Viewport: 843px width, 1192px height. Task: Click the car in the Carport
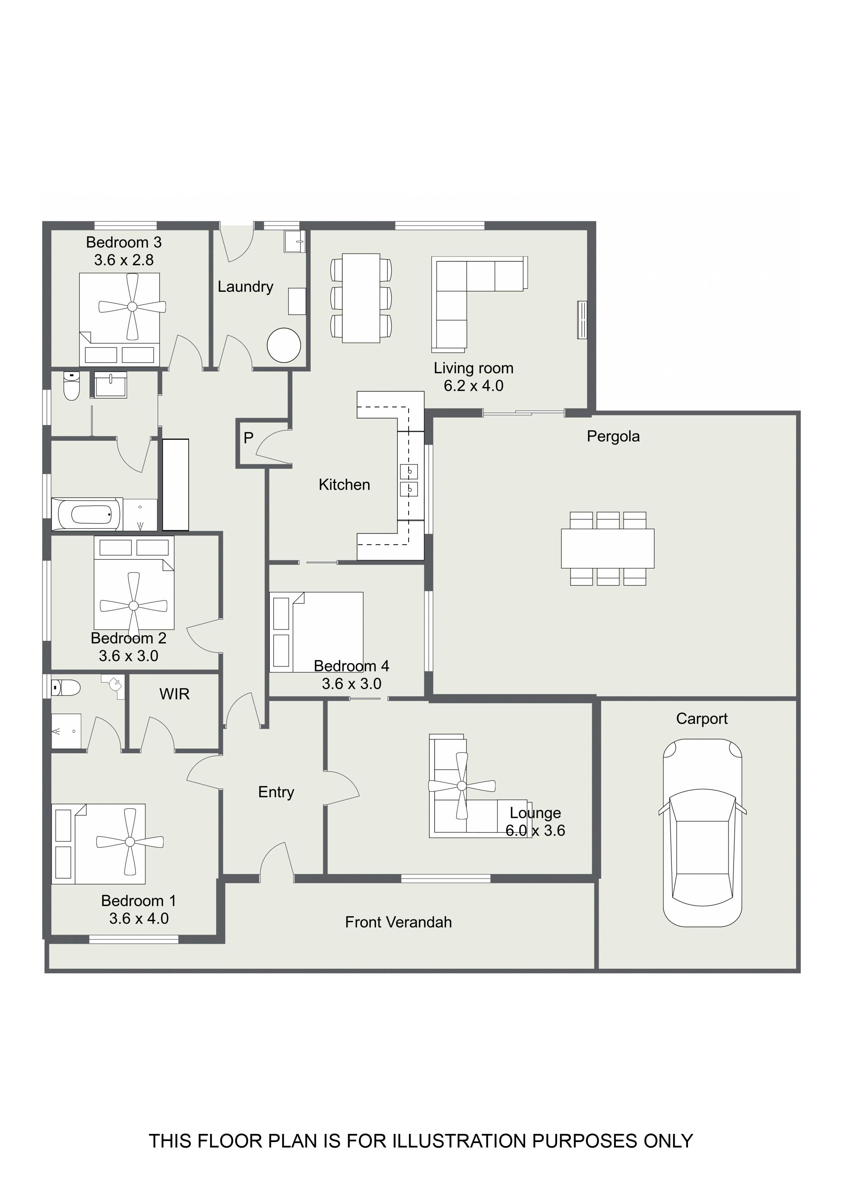click(x=702, y=833)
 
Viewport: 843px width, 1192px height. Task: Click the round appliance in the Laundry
click(x=283, y=345)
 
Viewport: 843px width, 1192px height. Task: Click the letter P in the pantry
click(x=248, y=438)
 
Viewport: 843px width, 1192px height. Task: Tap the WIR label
click(x=174, y=694)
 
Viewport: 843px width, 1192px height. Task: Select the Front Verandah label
click(x=398, y=922)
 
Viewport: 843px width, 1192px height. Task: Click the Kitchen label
click(x=344, y=485)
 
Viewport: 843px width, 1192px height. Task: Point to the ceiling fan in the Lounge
click(x=461, y=786)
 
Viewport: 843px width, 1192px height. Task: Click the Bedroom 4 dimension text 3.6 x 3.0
click(x=351, y=684)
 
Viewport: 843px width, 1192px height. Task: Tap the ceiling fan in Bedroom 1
click(x=130, y=842)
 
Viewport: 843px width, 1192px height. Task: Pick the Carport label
click(x=702, y=719)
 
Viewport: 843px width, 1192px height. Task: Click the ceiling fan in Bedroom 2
click(x=134, y=606)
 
